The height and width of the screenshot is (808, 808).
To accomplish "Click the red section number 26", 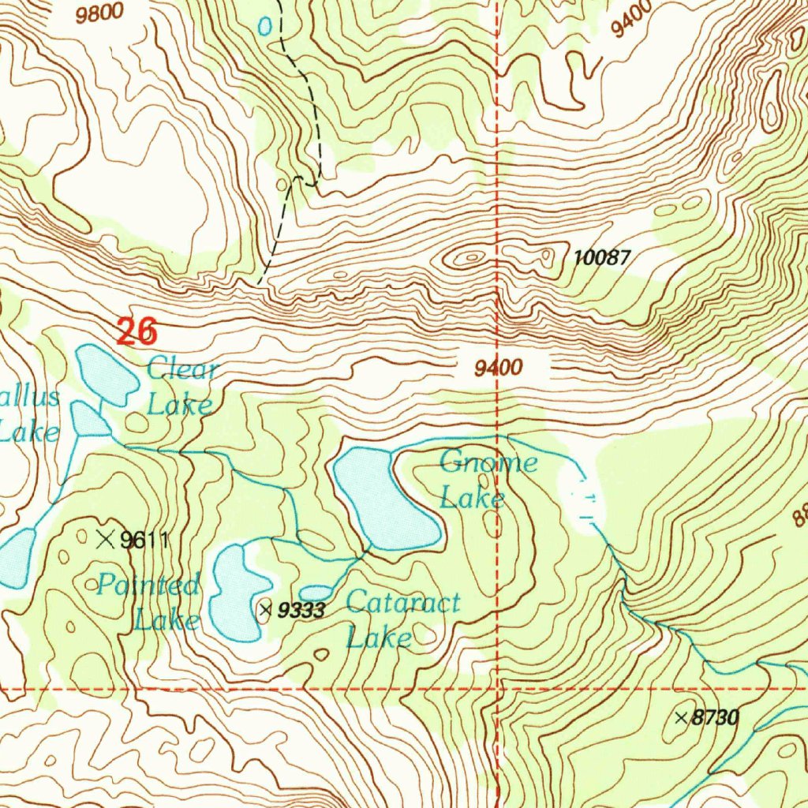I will tap(137, 331).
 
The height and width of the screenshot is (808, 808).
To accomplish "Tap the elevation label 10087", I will tap(602, 256).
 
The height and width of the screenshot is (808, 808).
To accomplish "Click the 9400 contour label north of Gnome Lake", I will tap(499, 367).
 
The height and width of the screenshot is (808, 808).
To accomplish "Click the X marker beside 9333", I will tap(265, 609).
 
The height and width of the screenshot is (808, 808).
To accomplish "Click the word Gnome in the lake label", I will tap(488, 462).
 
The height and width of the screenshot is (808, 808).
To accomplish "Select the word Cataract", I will tap(402, 604).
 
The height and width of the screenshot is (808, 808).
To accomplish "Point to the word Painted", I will tap(148, 585).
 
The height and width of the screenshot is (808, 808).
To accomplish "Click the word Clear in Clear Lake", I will tap(181, 368).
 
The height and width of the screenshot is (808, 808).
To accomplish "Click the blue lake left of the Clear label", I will tap(107, 375).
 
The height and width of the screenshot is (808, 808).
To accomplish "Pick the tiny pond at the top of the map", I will tap(265, 27).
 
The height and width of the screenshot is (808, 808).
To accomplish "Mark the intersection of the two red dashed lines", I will tap(499, 689).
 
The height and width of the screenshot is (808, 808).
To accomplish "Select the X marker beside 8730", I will tap(682, 718).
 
